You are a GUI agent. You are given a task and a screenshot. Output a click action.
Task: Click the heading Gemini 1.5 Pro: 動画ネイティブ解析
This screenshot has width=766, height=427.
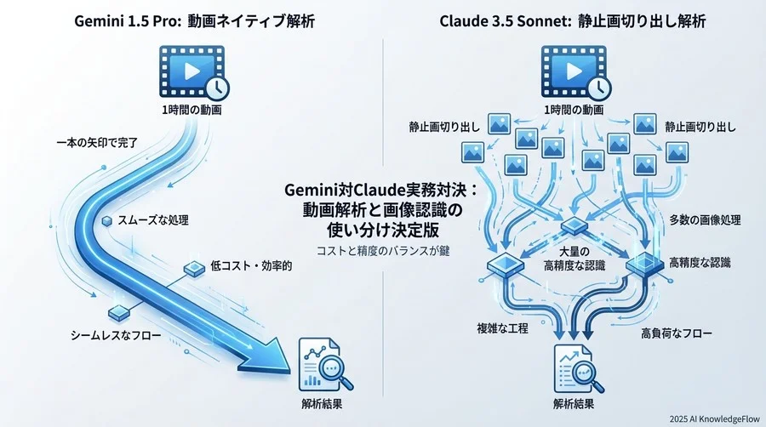point(190,20)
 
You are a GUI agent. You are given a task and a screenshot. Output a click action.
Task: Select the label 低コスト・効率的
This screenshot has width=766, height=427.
point(251,267)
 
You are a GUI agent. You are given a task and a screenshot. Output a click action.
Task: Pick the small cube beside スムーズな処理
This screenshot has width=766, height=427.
point(106,221)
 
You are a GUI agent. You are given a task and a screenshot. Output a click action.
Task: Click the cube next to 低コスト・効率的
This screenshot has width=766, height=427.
point(191,269)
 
